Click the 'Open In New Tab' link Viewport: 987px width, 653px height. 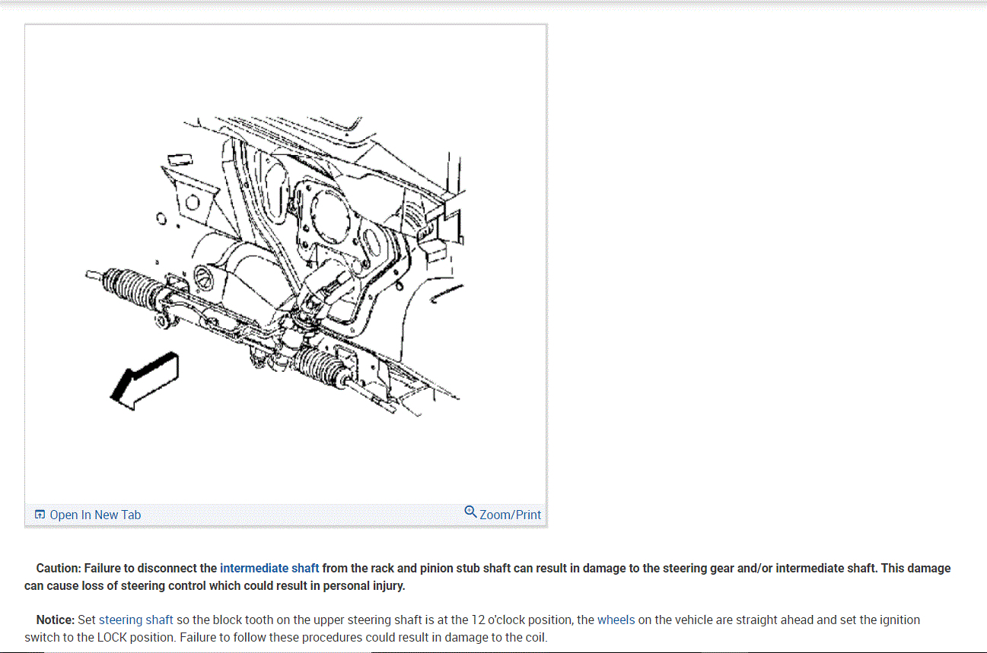(x=95, y=515)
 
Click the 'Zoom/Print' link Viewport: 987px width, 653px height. (x=510, y=515)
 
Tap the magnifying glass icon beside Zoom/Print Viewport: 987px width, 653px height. (x=470, y=512)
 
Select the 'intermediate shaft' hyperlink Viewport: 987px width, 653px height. (x=269, y=568)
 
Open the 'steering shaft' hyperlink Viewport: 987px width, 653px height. (x=135, y=620)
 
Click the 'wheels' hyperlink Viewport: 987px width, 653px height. (x=616, y=620)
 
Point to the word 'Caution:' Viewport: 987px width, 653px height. (x=59, y=568)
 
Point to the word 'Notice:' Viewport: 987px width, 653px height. (x=56, y=620)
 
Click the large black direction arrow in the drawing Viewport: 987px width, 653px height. (x=145, y=381)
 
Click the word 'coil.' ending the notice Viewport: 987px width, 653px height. (x=536, y=638)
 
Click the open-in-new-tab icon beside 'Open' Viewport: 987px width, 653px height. (x=40, y=515)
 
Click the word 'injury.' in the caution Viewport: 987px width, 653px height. (x=386, y=586)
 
